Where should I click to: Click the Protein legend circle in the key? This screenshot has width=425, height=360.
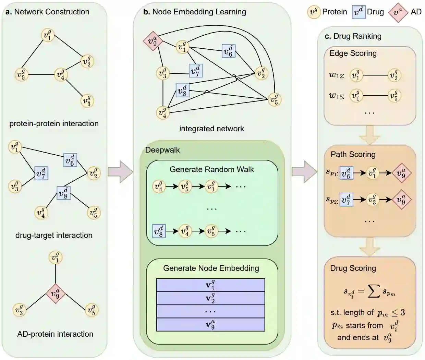click(314, 12)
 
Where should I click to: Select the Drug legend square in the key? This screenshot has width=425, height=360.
click(359, 12)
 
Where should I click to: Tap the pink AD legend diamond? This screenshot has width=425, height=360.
click(398, 12)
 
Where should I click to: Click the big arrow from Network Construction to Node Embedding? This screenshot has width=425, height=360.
click(120, 172)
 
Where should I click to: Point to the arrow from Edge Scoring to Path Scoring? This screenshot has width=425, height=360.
click(369, 135)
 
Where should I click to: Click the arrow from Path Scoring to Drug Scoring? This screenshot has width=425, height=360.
click(369, 247)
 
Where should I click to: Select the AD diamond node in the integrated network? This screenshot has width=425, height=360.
click(153, 41)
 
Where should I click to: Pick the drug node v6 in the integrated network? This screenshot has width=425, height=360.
click(228, 51)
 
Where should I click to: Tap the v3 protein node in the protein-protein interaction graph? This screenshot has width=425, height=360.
click(87, 101)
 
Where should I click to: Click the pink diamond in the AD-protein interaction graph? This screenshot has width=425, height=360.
click(56, 293)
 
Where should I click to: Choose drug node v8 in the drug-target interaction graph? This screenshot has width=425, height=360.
click(63, 193)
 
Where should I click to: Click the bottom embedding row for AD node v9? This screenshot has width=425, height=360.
click(210, 325)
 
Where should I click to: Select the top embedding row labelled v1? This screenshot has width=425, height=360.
click(210, 285)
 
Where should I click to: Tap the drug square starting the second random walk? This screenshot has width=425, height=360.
click(159, 231)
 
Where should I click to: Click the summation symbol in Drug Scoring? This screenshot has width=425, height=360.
click(374, 291)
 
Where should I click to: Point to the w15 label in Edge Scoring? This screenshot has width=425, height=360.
click(336, 96)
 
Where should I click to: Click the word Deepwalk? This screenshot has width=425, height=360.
click(162, 150)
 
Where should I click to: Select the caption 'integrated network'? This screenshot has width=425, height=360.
click(211, 129)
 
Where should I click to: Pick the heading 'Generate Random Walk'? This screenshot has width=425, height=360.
click(211, 169)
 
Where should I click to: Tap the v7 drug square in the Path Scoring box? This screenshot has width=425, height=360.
click(346, 200)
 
